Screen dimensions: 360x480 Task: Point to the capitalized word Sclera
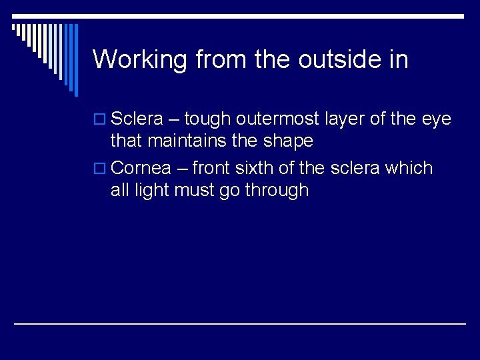(137, 119)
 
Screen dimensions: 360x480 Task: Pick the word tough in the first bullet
(207, 120)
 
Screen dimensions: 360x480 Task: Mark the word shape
(288, 141)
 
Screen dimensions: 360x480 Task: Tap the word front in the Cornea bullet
(211, 168)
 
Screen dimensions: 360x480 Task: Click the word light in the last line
(151, 190)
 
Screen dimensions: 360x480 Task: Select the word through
(277, 191)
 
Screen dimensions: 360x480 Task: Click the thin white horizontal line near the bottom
(240, 324)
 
